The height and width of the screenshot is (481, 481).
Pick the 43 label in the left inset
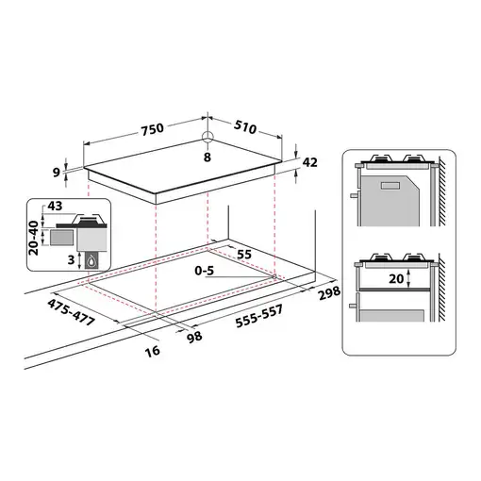tap(54, 206)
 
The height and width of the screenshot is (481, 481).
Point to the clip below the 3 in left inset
tap(91, 262)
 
